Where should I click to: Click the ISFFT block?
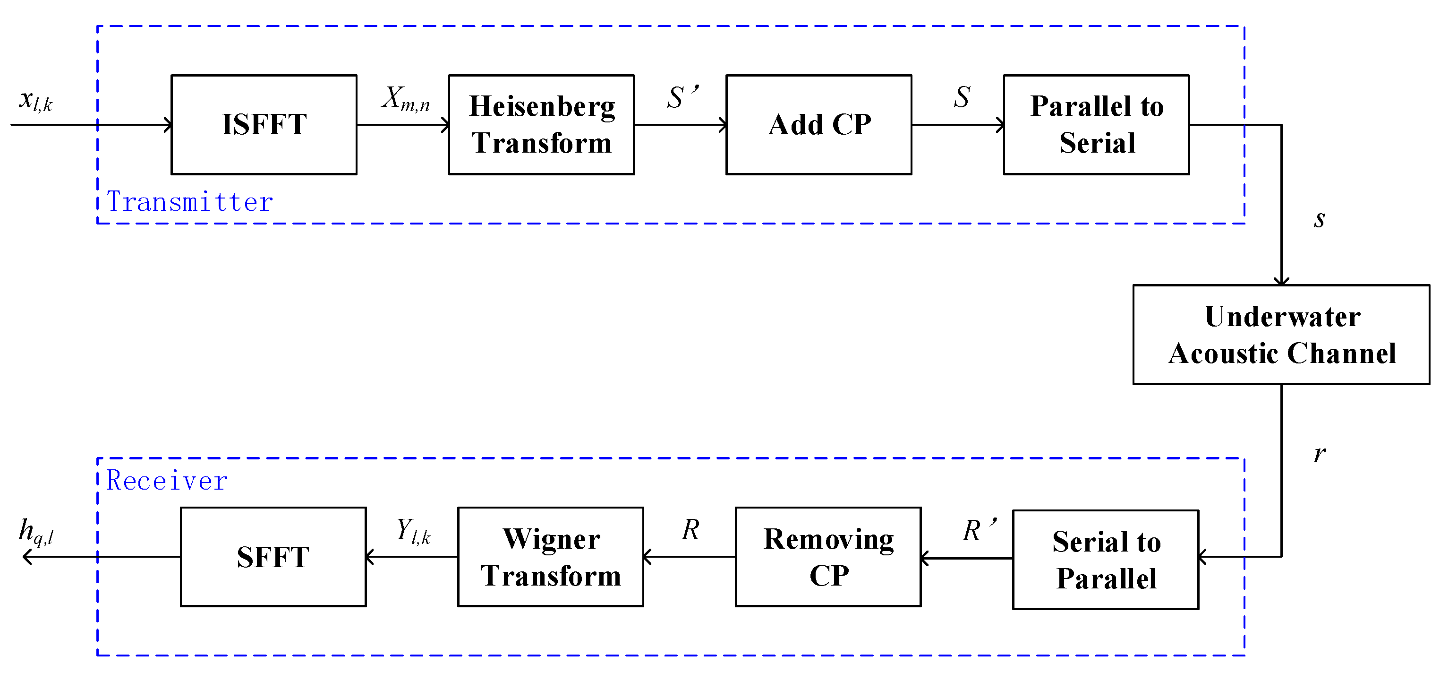[264, 125]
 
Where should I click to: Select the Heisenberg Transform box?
[541, 125]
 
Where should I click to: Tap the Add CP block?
[818, 125]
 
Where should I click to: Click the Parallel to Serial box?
[1096, 125]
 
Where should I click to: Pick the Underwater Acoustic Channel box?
[1281, 335]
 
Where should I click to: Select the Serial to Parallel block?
[1106, 560]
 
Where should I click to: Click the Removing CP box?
[828, 557]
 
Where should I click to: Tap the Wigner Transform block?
[551, 557]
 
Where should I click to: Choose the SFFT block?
[273, 557]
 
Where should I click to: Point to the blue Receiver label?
[167, 481]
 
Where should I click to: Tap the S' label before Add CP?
[682, 97]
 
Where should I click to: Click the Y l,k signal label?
[413, 531]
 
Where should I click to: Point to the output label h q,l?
[36, 531]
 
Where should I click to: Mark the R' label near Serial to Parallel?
[978, 530]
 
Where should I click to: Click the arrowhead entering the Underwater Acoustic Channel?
[1281, 281]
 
